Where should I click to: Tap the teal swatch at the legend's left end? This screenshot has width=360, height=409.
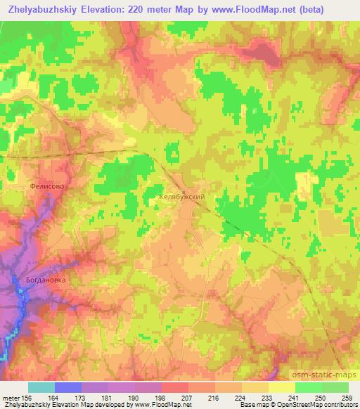pyautogui.click(x=41, y=387)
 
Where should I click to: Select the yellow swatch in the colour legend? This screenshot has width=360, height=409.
pyautogui.click(x=281, y=387)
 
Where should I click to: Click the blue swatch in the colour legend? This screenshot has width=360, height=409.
pyautogui.click(x=68, y=387)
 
